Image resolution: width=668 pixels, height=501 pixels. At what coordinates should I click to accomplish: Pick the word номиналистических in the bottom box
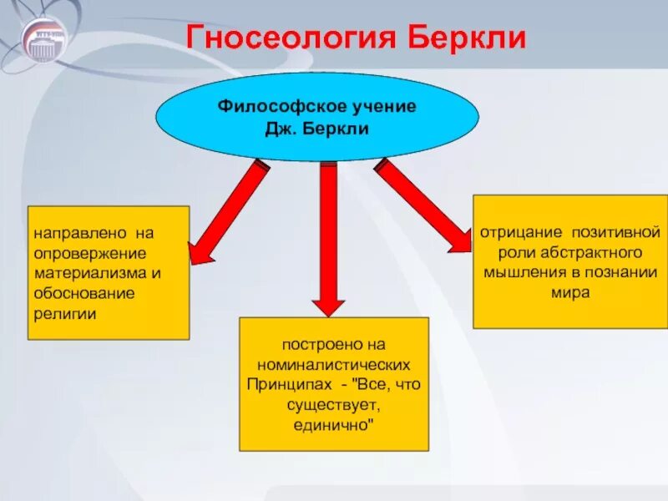click(x=334, y=366)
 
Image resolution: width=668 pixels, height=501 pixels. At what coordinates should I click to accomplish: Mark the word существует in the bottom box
click(x=333, y=405)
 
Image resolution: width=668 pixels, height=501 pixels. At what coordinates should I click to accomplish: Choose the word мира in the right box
click(x=569, y=293)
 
